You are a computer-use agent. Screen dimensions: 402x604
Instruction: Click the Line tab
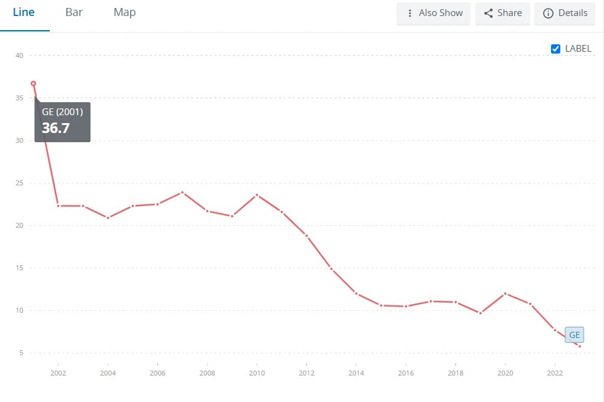[x=23, y=13]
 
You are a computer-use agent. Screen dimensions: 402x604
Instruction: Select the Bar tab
[x=74, y=13]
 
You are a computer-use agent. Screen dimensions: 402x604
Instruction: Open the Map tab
[x=124, y=13]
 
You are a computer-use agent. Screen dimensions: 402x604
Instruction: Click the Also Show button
[x=433, y=13]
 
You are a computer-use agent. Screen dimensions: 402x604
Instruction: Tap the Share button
[x=502, y=13]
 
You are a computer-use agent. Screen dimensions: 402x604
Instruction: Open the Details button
[x=565, y=13]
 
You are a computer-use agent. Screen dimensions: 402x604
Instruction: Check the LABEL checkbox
[x=556, y=49]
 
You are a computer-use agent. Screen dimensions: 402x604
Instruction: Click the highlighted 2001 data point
[x=33, y=83]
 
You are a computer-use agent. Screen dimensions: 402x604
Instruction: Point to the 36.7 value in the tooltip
[x=55, y=128]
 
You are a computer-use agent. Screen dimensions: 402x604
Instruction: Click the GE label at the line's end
[x=574, y=336]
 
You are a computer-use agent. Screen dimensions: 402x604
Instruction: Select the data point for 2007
[x=182, y=192]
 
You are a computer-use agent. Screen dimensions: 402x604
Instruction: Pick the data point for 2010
[x=257, y=195]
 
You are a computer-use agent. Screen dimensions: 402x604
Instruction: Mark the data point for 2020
[x=505, y=294]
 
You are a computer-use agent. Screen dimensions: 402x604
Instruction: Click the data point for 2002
[x=58, y=206]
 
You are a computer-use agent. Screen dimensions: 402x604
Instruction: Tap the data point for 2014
[x=356, y=293]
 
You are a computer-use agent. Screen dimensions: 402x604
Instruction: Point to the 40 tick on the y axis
[x=20, y=55]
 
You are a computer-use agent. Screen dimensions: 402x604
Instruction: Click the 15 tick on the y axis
[x=20, y=268]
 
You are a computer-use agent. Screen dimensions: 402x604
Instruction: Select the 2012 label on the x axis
[x=307, y=373]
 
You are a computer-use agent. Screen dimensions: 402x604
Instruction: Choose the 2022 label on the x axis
[x=555, y=373]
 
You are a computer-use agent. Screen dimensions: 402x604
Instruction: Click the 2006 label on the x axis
[x=158, y=373]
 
